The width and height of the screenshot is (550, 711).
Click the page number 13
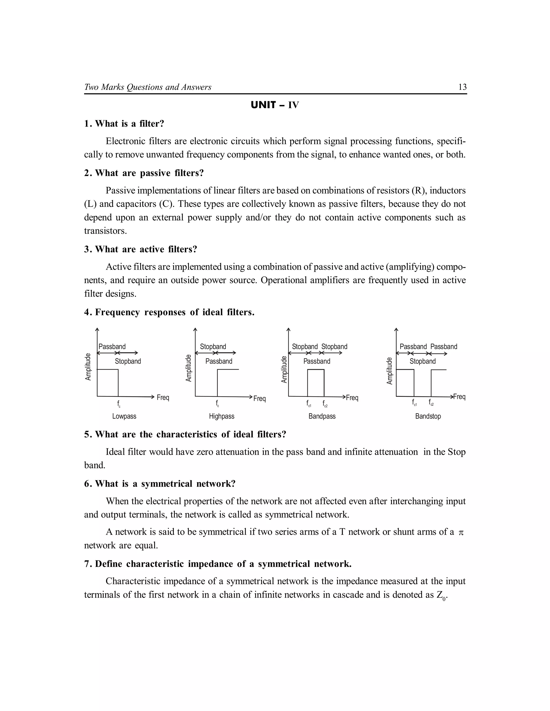462,87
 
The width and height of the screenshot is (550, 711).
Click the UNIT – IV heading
275,105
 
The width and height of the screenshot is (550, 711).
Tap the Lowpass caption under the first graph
124,416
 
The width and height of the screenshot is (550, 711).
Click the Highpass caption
222,416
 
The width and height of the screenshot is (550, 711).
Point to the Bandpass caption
322,416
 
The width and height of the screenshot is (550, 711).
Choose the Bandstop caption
428,416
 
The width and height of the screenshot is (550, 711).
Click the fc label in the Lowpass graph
119,404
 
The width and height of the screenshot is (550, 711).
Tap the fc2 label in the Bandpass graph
325,404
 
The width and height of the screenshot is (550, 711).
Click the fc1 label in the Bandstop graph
414,403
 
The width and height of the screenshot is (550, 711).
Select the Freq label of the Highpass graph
259,398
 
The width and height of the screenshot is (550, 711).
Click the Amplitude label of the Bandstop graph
389,371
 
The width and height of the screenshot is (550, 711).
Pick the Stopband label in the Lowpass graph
128,361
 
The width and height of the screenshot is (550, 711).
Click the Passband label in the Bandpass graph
317,361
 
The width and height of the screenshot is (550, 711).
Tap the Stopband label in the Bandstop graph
423,361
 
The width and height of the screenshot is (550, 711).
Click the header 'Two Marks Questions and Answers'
148,87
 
